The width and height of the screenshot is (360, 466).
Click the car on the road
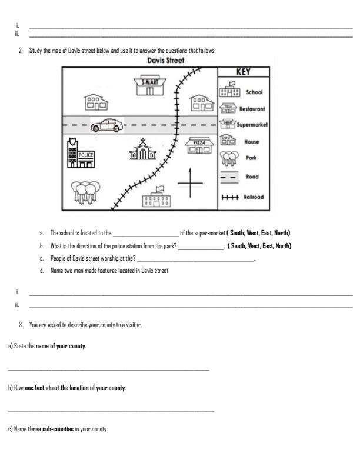pyautogui.click(x=107, y=125)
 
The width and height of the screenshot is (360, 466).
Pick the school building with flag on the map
pyautogui.click(x=157, y=198)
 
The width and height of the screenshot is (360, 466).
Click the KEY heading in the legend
pyautogui.click(x=244, y=72)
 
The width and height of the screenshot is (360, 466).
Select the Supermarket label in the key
pyautogui.click(x=252, y=125)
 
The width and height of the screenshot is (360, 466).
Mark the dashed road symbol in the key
pyautogui.click(x=228, y=177)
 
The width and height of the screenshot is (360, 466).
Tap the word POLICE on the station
pyautogui.click(x=86, y=154)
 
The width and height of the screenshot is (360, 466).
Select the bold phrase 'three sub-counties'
pyautogui.click(x=51, y=430)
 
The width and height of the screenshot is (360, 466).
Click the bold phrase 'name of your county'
pyautogui.click(x=61, y=345)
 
